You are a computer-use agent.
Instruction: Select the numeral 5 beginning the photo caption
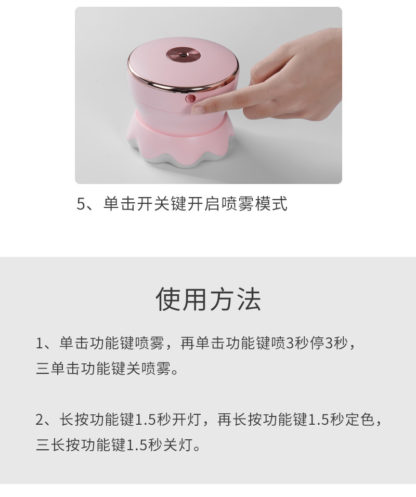81,204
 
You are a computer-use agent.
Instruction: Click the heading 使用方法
208,299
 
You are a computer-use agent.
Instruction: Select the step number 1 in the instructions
40,344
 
